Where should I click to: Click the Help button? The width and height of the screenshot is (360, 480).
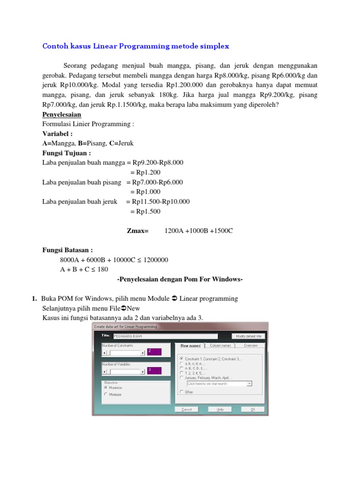point(220,409)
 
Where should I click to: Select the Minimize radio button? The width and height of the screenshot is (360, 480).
point(106,394)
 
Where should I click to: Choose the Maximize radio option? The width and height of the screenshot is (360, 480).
point(106,388)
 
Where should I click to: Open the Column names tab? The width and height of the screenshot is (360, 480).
point(220,345)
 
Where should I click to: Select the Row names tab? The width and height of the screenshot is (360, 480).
point(190,346)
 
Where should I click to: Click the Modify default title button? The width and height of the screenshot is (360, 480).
point(249,336)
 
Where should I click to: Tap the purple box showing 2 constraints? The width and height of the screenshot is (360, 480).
point(154,352)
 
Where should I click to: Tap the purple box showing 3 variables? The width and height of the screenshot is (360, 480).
point(154,371)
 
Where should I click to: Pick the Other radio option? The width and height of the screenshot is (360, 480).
point(181,391)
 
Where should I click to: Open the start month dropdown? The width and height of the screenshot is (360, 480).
point(249,383)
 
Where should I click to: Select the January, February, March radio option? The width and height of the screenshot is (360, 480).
point(181,377)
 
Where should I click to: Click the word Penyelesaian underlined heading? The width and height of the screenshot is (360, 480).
point(62,114)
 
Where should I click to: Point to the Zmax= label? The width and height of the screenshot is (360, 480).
point(137,231)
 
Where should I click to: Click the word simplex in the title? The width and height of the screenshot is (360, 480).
point(215,46)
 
